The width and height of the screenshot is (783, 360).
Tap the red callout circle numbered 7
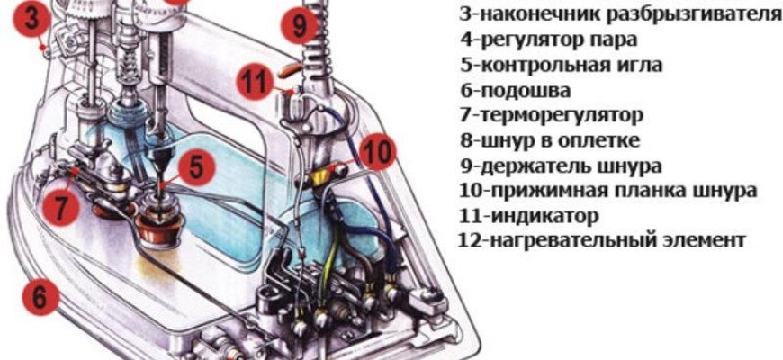[60, 207]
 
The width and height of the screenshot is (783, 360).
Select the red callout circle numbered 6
[41, 295]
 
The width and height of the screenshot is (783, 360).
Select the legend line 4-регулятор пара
[548, 40]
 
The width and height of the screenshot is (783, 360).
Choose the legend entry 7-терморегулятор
[552, 116]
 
